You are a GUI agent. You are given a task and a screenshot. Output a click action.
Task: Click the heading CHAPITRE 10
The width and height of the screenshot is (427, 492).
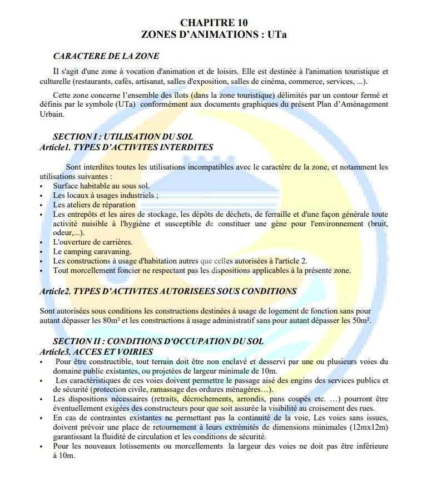[214, 23]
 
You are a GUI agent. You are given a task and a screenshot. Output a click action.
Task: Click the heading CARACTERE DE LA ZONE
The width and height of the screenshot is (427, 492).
[106, 56]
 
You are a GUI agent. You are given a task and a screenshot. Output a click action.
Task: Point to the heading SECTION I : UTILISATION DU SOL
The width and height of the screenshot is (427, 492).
[123, 137]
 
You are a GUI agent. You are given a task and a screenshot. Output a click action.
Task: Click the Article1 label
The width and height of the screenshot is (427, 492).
[55, 147]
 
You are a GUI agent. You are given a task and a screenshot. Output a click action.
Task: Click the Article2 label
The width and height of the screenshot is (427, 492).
[55, 291]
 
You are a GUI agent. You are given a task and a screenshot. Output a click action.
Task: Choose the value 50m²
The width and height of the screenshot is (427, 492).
[360, 321]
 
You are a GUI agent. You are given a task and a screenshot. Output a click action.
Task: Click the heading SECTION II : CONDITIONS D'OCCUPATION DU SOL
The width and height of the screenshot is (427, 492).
[158, 341]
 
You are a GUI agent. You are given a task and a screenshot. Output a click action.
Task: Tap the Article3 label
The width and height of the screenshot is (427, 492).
[55, 352]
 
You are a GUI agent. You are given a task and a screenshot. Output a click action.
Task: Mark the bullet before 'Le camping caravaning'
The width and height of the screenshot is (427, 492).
[42, 252]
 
